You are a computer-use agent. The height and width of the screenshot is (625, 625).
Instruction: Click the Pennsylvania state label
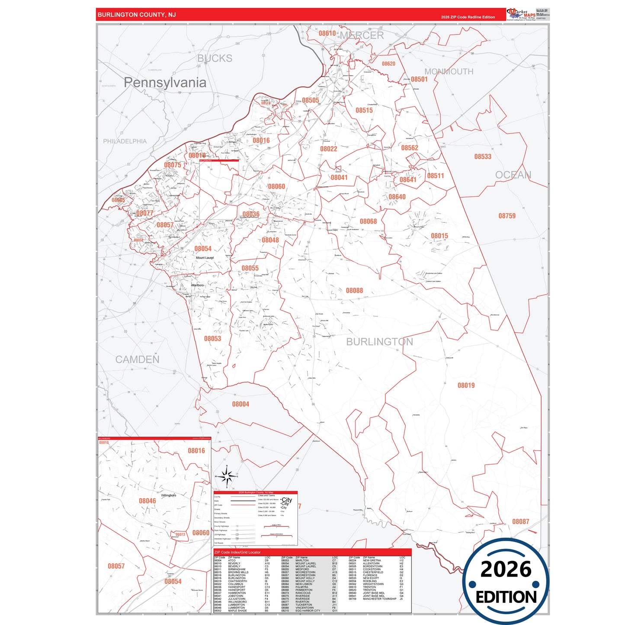165,82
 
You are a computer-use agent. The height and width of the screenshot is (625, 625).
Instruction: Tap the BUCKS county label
215,58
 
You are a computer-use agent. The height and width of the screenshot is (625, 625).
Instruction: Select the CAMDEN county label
137,359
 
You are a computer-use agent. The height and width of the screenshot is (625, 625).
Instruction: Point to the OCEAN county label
513,175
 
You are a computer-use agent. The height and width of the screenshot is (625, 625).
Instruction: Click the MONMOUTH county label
449,71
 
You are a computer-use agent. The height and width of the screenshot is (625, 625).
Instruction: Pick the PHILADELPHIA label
125,141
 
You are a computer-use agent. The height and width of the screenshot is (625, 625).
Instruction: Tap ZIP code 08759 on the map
506,216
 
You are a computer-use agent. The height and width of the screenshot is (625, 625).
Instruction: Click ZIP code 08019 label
466,385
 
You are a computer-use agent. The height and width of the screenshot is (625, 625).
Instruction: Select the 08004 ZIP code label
240,404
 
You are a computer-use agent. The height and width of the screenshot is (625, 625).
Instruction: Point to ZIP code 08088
354,291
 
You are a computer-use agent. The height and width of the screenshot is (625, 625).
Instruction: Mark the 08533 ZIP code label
482,157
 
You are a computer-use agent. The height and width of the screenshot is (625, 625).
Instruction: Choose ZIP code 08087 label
520,522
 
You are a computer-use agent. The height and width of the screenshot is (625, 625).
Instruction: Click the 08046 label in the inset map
147,501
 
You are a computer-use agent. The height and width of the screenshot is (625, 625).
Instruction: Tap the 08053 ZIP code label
212,339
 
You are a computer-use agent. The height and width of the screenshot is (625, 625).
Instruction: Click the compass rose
226,476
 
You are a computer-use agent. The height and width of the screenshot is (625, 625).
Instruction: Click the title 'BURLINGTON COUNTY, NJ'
137,15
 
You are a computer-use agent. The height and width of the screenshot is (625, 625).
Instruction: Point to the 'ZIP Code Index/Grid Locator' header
237,552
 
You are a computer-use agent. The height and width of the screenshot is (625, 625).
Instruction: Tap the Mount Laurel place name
205,258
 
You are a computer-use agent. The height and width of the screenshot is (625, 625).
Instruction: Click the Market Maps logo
521,14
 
